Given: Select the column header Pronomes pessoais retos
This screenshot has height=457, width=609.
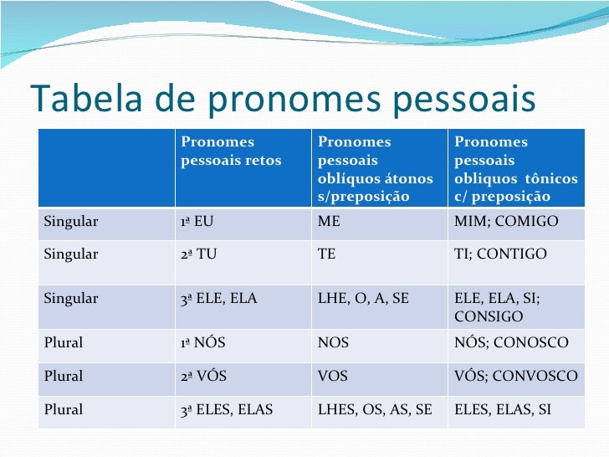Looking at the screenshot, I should pyautogui.click(x=231, y=151).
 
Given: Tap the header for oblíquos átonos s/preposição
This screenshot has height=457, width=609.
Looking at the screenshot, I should pyautogui.click(x=376, y=170).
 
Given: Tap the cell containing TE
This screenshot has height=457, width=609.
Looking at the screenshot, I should pyautogui.click(x=327, y=254).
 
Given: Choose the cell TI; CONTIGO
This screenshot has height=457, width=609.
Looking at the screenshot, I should pyautogui.click(x=500, y=254).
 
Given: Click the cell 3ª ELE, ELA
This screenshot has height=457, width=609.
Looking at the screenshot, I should pyautogui.click(x=219, y=298).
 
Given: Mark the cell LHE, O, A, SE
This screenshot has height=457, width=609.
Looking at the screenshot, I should pyautogui.click(x=364, y=298).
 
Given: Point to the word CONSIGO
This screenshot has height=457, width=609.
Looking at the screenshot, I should pyautogui.click(x=489, y=316).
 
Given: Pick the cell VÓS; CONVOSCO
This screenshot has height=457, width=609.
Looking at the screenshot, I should pyautogui.click(x=515, y=377).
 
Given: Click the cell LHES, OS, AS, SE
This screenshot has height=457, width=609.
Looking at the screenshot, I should pyautogui.click(x=375, y=410).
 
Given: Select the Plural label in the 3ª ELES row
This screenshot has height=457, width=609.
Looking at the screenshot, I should pyautogui.click(x=64, y=410).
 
